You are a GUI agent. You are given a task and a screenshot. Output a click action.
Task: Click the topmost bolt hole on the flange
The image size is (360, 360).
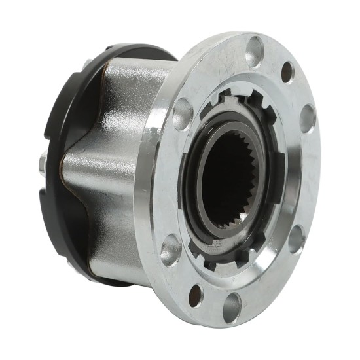click(x=255, y=50)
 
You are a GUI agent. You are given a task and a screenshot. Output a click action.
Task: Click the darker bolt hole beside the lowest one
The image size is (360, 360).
click(x=196, y=295)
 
